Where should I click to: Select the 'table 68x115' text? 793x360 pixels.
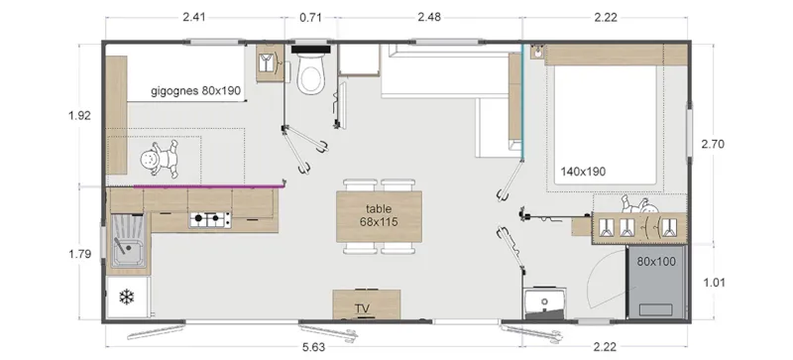(x=379, y=215)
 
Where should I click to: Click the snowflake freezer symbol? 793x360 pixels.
(x=126, y=298)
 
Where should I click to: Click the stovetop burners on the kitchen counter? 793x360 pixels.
(x=210, y=218)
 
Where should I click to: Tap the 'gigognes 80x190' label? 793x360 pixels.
(x=196, y=91)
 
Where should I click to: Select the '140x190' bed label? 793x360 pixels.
(x=583, y=171)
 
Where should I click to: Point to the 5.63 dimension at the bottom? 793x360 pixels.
(x=315, y=346)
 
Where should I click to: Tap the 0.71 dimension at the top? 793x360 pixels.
(x=312, y=16)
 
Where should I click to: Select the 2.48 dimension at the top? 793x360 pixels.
(x=428, y=16)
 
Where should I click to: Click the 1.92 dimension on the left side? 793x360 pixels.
(x=79, y=116)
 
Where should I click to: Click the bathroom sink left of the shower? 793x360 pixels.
(x=543, y=301)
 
